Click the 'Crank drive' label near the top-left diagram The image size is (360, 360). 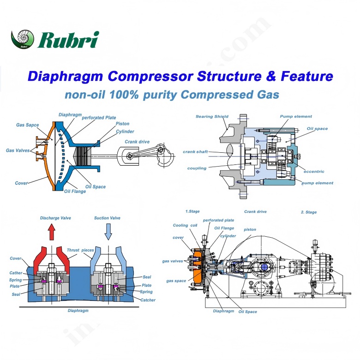[137, 142]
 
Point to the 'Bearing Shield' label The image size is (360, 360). [212, 116]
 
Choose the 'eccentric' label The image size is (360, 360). [314, 171]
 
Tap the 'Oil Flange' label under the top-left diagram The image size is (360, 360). [75, 191]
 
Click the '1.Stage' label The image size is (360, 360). [192, 212]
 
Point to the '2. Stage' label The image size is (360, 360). [309, 212]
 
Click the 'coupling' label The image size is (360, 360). [197, 168]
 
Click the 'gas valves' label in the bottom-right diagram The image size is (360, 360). [172, 261]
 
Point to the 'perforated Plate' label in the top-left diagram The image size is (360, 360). [99, 118]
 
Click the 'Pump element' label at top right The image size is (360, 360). [296, 116]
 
